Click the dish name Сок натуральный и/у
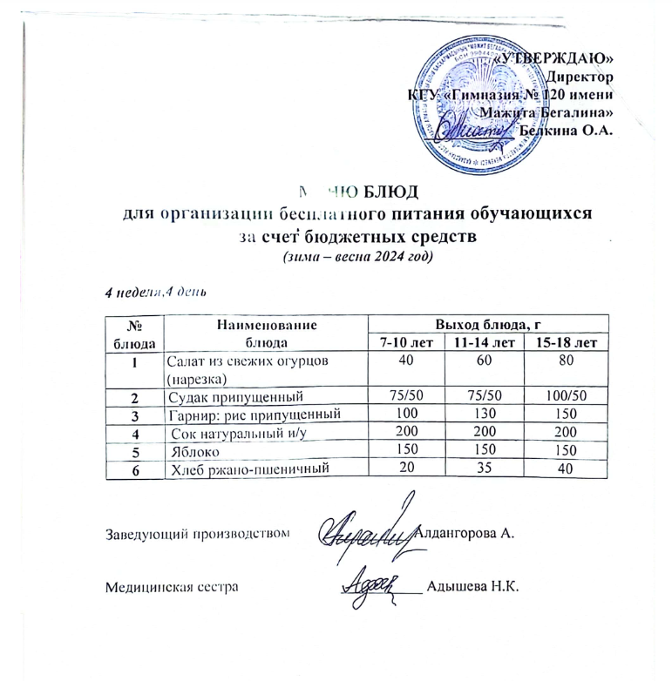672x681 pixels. pyautogui.click(x=227, y=432)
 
